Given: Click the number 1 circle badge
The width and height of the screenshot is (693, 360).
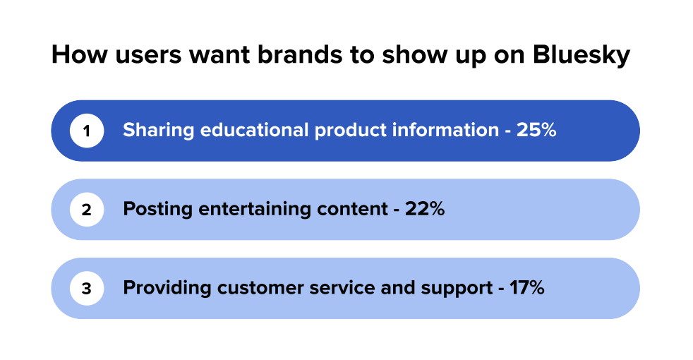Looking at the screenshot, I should click(x=87, y=131).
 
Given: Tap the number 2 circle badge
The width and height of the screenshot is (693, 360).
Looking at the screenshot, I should click(x=87, y=210).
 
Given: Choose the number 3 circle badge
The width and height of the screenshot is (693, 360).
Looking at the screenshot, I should click(x=87, y=289).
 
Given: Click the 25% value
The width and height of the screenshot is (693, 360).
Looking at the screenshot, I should click(x=536, y=131).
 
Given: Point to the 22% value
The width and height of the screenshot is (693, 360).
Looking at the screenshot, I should click(x=425, y=210).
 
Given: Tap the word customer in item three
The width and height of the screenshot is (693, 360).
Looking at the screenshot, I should click(x=258, y=289).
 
